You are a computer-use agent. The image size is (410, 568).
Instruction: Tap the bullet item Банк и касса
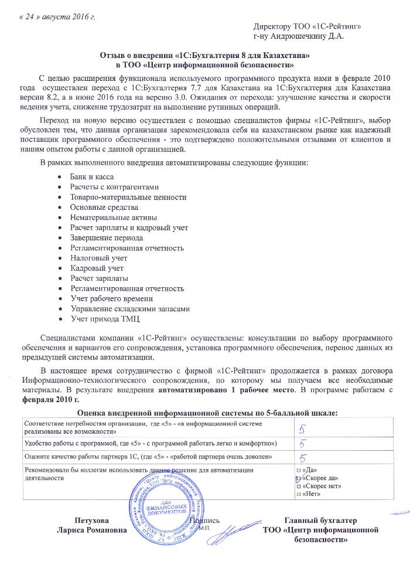coord(91,176)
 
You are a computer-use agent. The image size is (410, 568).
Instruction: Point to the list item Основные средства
coord(104,207)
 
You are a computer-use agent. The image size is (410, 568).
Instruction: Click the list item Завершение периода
coord(106,237)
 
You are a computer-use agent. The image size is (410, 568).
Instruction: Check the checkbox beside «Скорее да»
coord(299,478)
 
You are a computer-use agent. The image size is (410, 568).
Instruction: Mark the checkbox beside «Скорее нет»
coord(299,487)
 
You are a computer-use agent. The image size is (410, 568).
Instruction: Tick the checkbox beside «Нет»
coord(299,495)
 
